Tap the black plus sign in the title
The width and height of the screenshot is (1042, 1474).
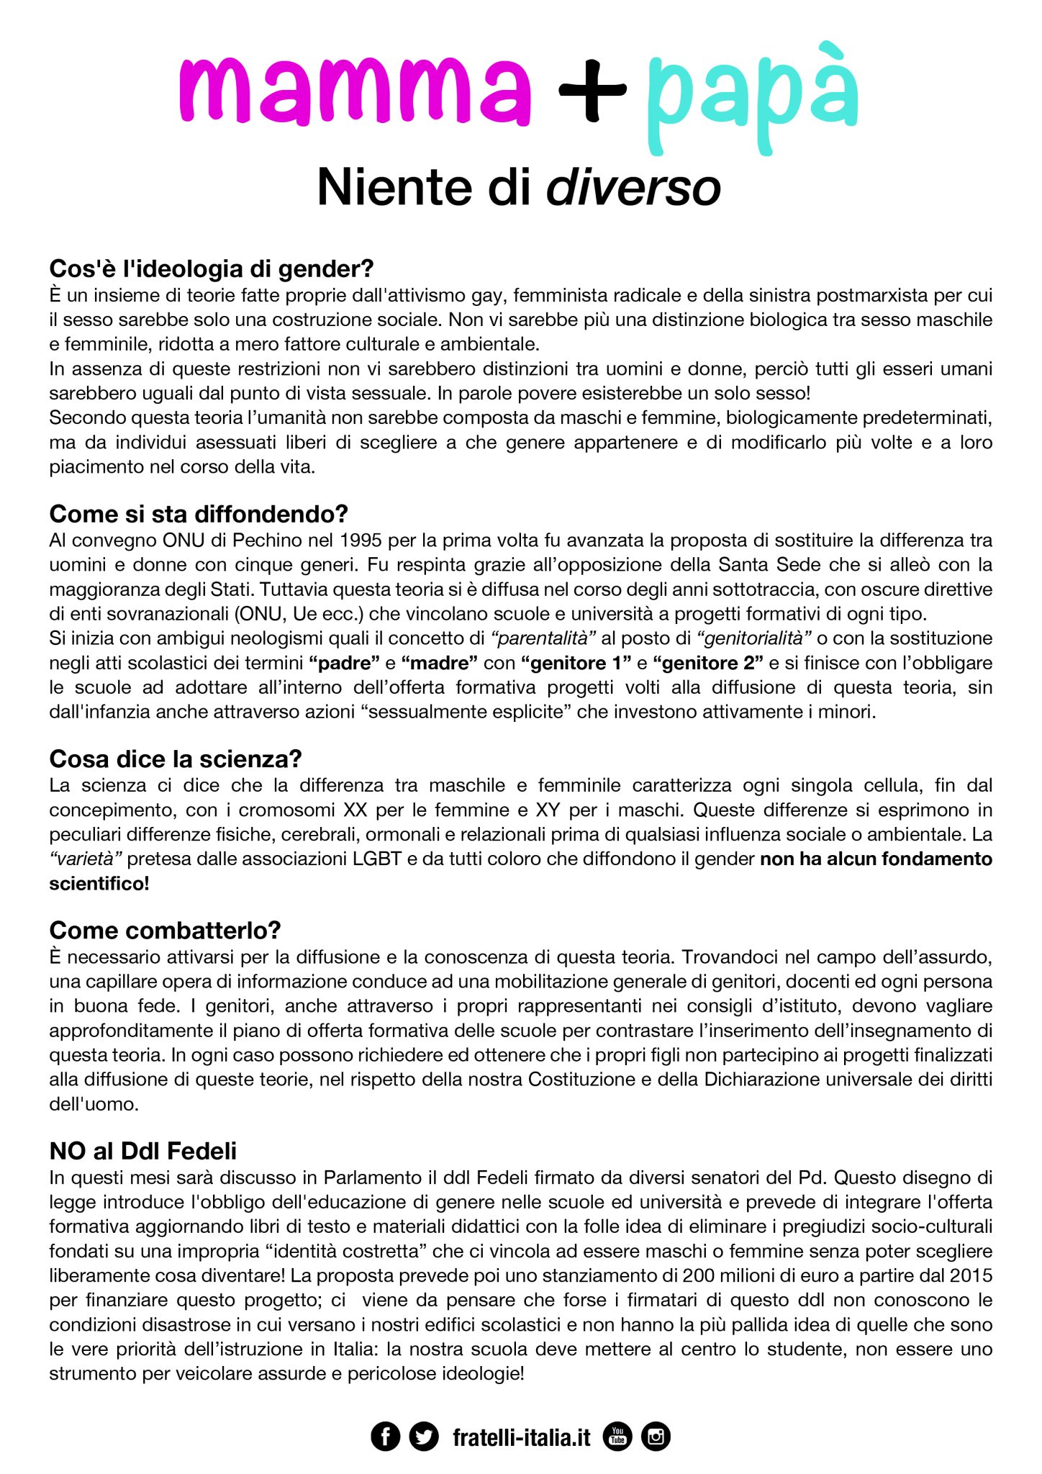[x=592, y=89]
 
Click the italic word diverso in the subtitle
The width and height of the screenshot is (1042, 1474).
[x=633, y=187]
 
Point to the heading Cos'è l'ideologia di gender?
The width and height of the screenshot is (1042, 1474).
[x=212, y=268]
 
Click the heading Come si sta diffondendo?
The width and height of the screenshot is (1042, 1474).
[x=199, y=514]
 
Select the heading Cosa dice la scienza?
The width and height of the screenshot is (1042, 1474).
[x=176, y=759]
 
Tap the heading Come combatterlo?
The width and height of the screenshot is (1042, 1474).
[x=165, y=931]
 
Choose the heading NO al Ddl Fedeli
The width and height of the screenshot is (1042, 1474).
[x=143, y=1152]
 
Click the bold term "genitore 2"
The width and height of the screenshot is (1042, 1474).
[x=708, y=663]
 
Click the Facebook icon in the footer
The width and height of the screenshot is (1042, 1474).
[x=385, y=1437]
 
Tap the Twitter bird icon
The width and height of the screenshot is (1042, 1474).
[x=424, y=1437]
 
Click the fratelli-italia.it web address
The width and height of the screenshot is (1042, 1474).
[x=521, y=1437]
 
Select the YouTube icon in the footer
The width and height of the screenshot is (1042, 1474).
[x=617, y=1437]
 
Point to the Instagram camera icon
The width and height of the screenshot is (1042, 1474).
[x=656, y=1437]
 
